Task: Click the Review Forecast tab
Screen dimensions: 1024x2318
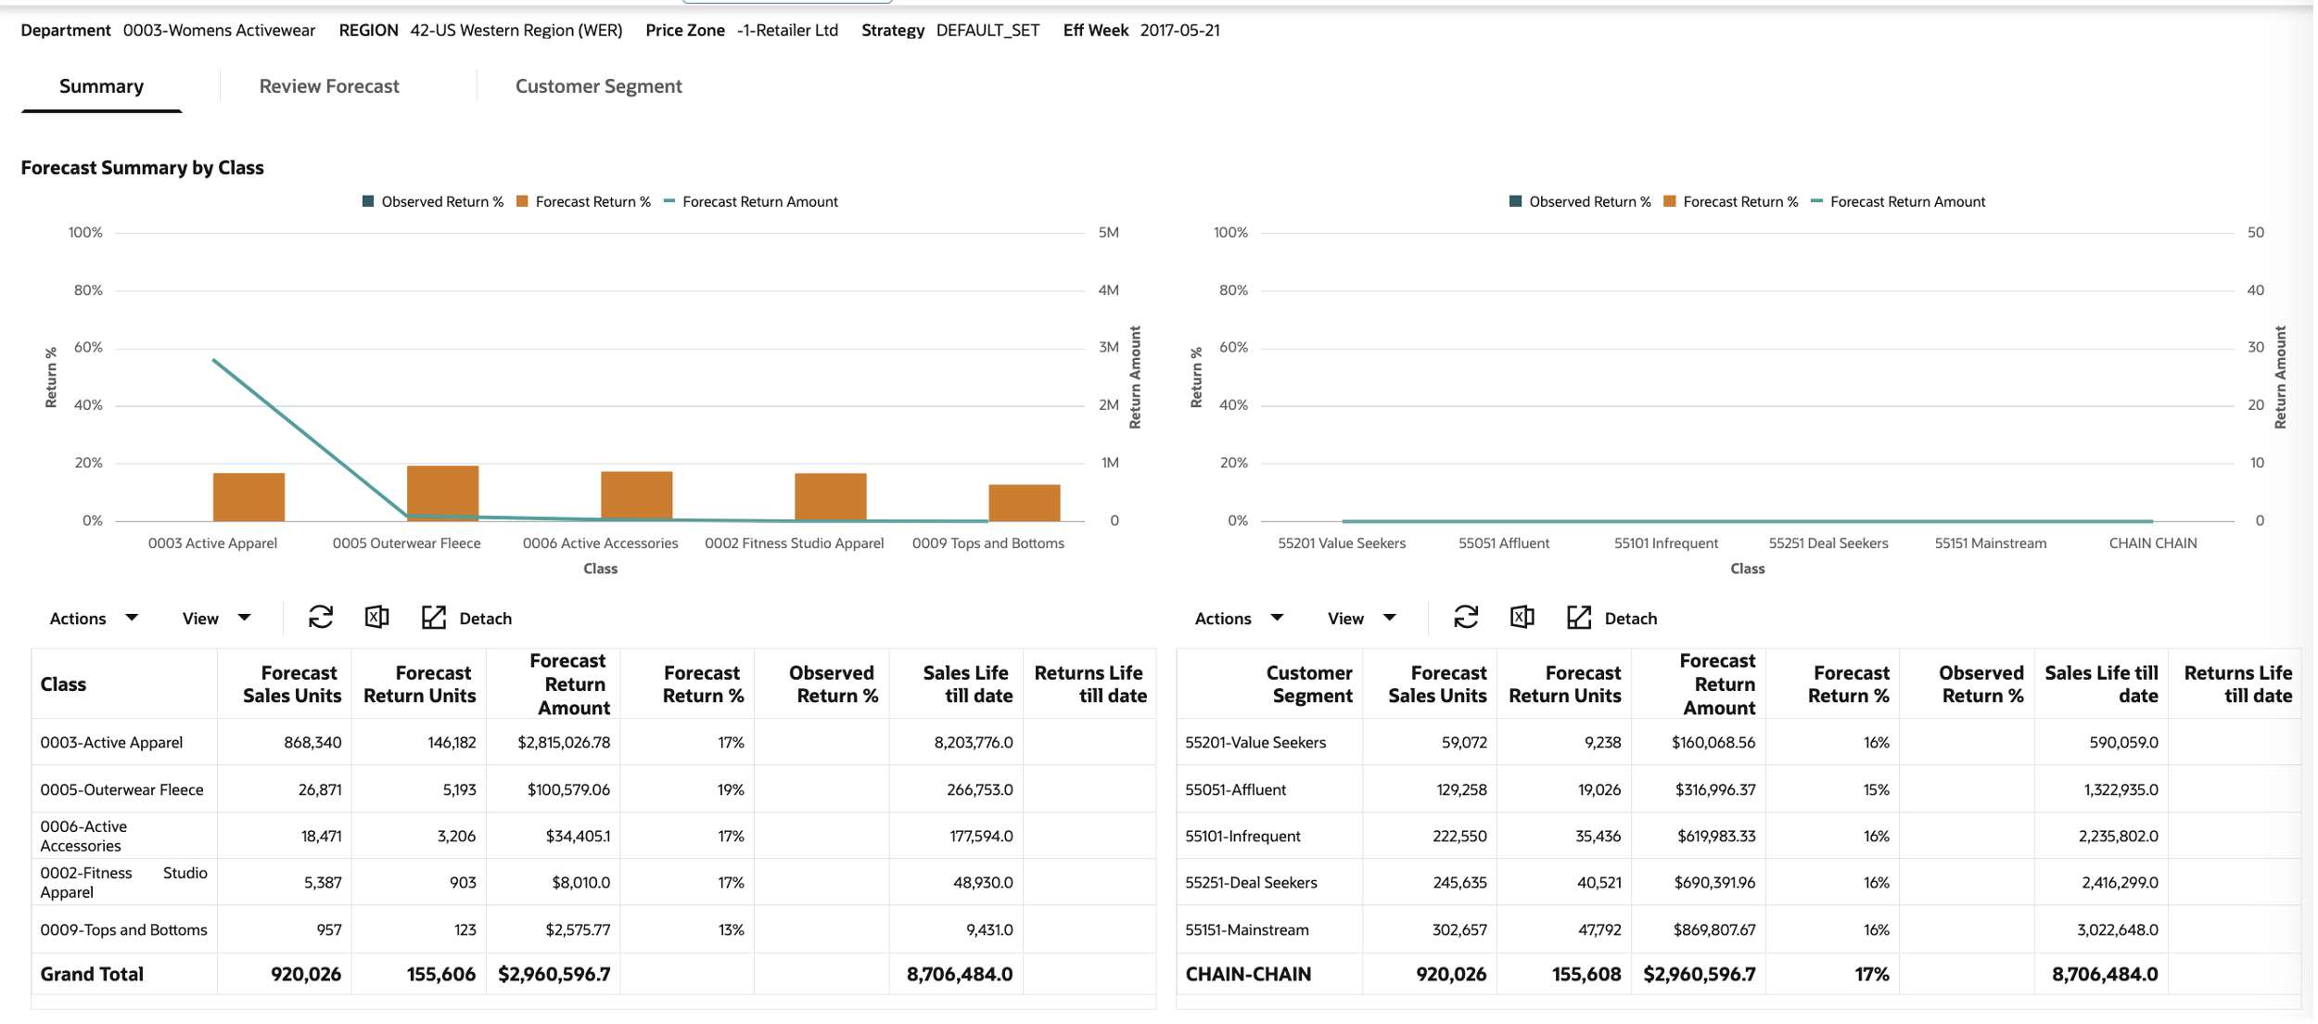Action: pos(329,86)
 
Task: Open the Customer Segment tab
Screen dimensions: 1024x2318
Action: pos(598,86)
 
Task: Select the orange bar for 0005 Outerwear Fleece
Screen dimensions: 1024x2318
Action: pos(443,493)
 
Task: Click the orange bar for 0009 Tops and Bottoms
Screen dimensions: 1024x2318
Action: pos(1024,503)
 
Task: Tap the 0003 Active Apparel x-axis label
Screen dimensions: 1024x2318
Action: pos(212,544)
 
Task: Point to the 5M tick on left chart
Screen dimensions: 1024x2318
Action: pos(1108,233)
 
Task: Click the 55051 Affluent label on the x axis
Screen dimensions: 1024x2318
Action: pos(1503,544)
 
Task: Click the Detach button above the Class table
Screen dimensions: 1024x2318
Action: pos(467,619)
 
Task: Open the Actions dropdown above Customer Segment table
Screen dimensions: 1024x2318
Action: pos(1238,619)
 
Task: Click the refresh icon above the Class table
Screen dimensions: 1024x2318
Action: pos(321,618)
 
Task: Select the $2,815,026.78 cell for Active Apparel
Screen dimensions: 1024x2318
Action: pos(563,743)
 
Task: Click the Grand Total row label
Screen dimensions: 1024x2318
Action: pos(92,975)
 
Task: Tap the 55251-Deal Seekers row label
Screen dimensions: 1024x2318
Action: pos(1251,883)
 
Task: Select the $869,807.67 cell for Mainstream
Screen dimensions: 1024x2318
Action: pos(1713,930)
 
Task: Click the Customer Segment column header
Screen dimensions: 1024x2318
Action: pos(1308,685)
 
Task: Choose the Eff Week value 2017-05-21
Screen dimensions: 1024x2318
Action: pos(1179,31)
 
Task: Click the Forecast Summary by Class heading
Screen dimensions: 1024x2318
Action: pos(142,168)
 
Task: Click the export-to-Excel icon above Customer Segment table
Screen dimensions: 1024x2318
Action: pos(1522,618)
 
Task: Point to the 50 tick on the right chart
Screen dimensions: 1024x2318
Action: pos(2255,233)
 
